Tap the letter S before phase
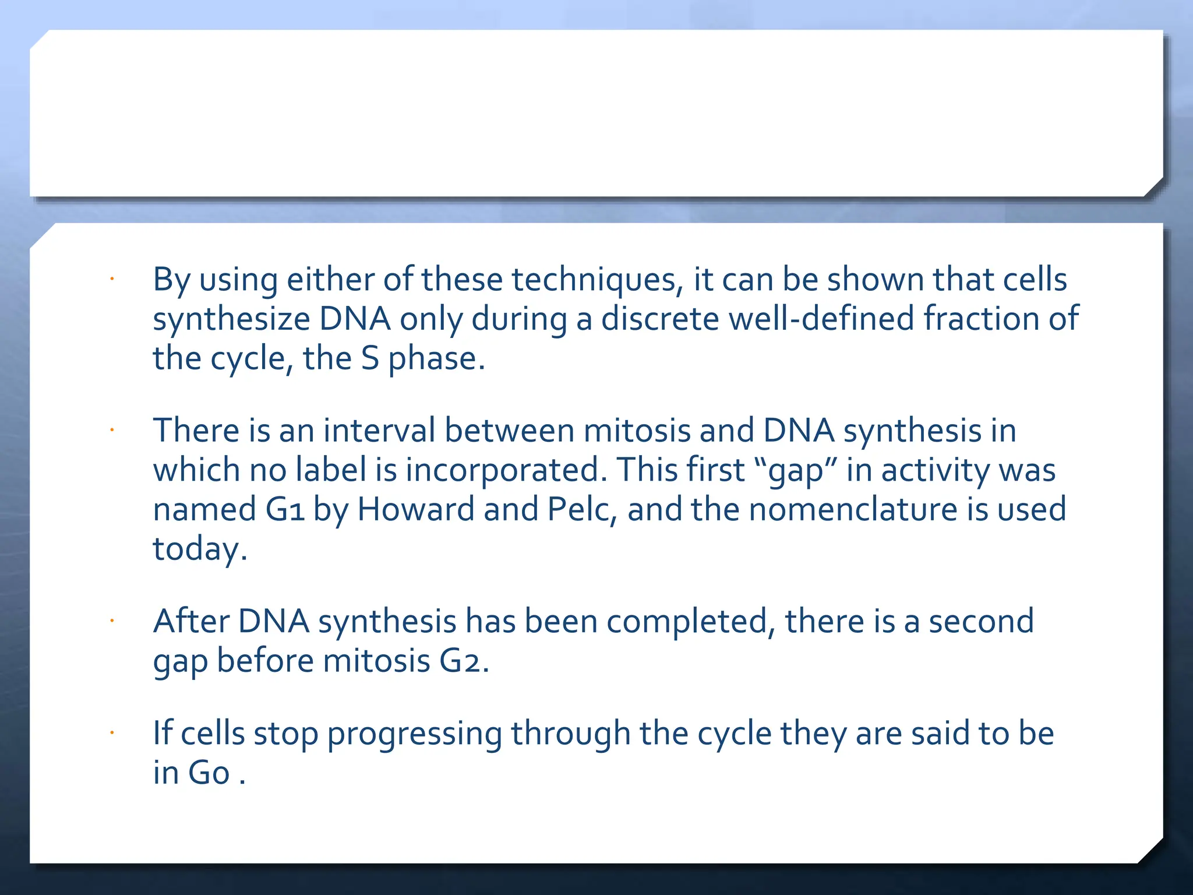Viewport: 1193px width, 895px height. [x=370, y=358]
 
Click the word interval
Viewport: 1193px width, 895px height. [x=379, y=431]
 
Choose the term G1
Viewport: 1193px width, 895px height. [x=285, y=510]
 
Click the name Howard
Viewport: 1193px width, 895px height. [x=416, y=510]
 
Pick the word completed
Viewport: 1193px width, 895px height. [x=691, y=622]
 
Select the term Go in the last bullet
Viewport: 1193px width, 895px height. [x=209, y=774]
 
